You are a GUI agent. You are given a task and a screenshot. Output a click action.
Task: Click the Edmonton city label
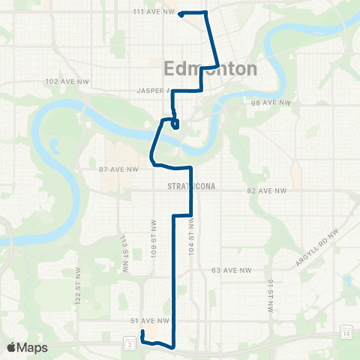(x=209, y=69)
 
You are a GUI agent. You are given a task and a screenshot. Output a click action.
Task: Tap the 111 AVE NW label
(x=153, y=12)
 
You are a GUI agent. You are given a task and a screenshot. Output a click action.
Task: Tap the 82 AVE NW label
(x=267, y=191)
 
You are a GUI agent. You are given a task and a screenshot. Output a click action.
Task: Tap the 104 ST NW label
(x=193, y=232)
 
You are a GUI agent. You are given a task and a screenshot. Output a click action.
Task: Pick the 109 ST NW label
(x=153, y=232)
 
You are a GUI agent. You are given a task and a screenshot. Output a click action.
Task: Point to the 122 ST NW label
(x=77, y=285)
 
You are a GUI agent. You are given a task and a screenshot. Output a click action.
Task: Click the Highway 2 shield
(x=130, y=344)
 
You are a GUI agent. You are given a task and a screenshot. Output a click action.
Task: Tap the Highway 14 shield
(x=346, y=332)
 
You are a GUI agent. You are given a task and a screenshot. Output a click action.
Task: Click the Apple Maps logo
(x=27, y=347)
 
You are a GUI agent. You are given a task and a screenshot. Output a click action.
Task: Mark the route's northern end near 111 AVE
(x=181, y=14)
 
